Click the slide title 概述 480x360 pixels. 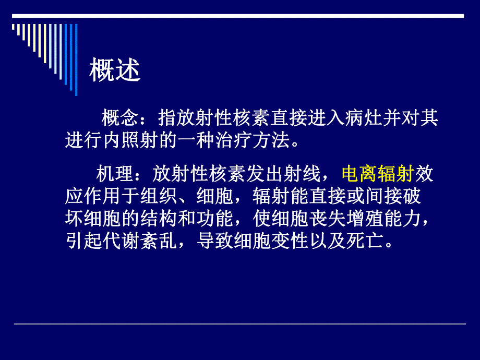[x=115, y=70]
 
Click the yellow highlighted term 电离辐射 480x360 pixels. [x=377, y=174]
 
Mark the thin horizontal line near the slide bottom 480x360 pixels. [x=239, y=324]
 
